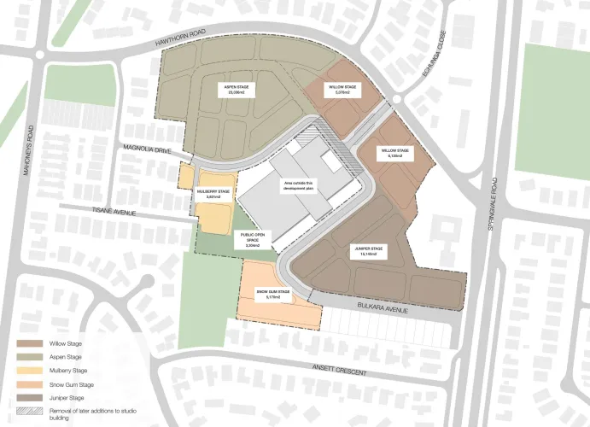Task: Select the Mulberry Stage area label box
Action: tap(213, 194)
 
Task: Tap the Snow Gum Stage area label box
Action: tap(273, 295)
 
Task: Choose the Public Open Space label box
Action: tap(253, 241)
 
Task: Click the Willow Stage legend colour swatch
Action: tap(29, 343)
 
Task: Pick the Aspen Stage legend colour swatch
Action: tap(29, 356)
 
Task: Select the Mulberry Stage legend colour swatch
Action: tap(29, 370)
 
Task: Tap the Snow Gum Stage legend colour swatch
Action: tap(29, 383)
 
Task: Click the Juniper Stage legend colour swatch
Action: tap(29, 397)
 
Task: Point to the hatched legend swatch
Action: tap(29, 411)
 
